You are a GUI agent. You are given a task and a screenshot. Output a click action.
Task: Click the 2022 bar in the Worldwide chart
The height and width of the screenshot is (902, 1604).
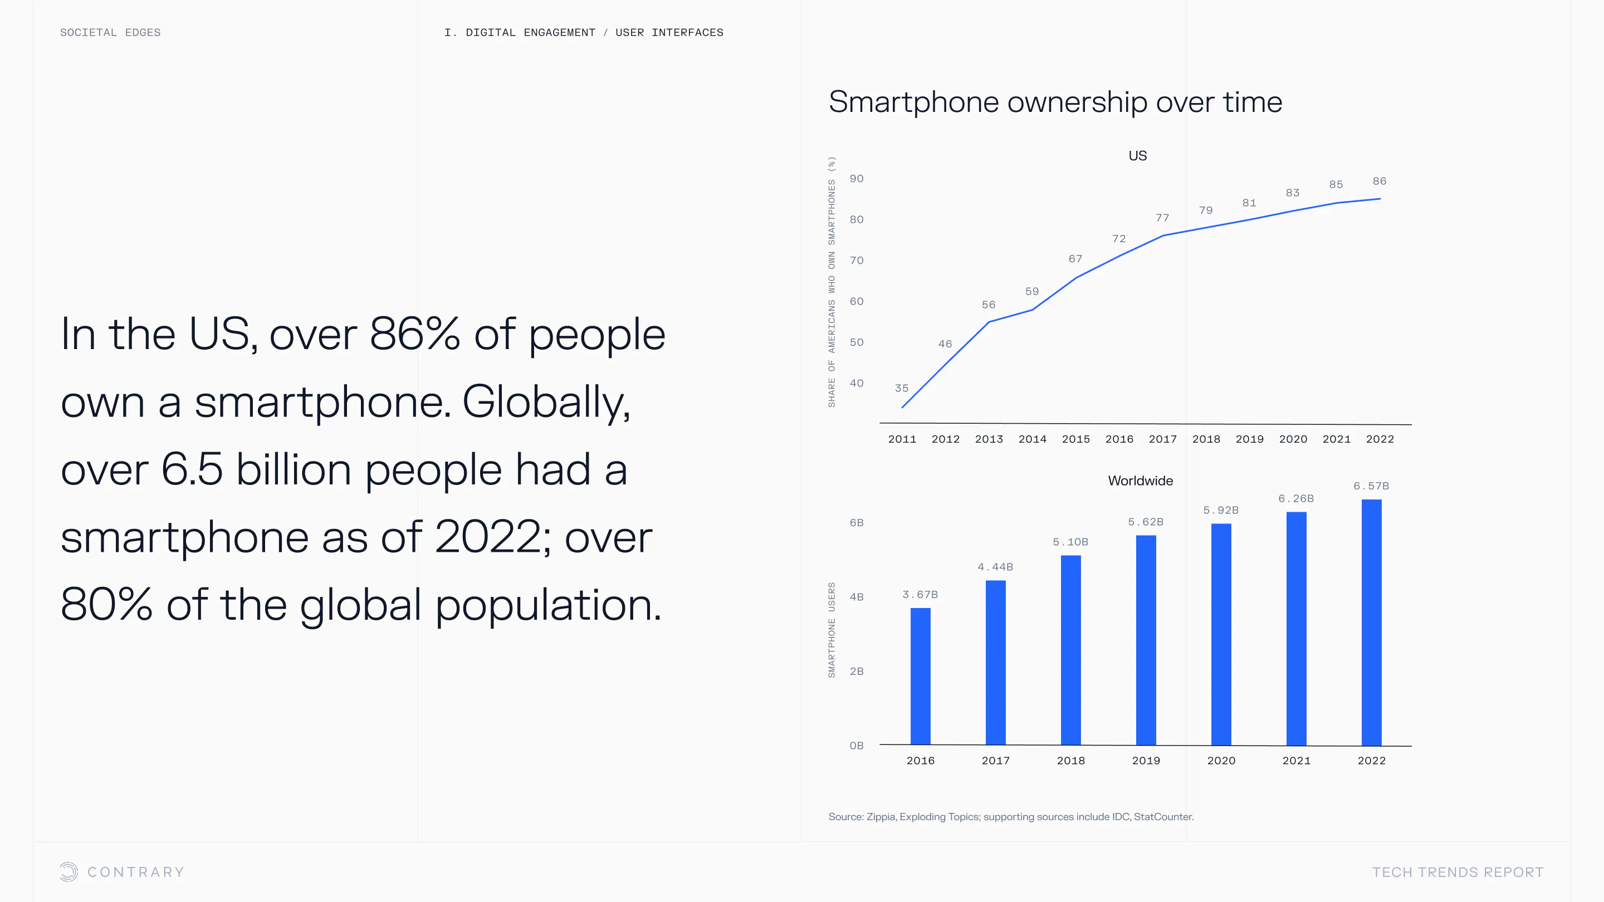pyautogui.click(x=1371, y=622)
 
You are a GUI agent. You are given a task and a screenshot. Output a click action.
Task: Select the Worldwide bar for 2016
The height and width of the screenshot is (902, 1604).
pyautogui.click(x=920, y=676)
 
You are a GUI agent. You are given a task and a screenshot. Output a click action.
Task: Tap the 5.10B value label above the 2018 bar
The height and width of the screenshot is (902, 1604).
pyautogui.click(x=1070, y=542)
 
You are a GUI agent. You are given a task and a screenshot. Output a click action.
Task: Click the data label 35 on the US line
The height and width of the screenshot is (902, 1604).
pyautogui.click(x=902, y=389)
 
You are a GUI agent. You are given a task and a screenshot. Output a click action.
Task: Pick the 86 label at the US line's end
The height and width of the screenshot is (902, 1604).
pyautogui.click(x=1379, y=181)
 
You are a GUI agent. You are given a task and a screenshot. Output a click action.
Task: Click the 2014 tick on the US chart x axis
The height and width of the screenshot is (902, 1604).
pyautogui.click(x=1033, y=439)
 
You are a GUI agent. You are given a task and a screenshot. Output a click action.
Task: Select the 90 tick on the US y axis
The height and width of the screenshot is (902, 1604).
pyautogui.click(x=857, y=179)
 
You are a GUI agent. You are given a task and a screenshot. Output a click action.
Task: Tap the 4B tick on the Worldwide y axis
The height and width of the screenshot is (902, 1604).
pyautogui.click(x=857, y=597)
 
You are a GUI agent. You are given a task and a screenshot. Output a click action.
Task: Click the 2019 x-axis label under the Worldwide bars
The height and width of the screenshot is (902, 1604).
pyautogui.click(x=1146, y=761)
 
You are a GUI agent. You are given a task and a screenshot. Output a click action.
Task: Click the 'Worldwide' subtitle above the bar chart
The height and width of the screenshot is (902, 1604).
pyautogui.click(x=1140, y=481)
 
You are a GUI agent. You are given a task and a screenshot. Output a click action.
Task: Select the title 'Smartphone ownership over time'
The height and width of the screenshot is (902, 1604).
pyautogui.click(x=1055, y=102)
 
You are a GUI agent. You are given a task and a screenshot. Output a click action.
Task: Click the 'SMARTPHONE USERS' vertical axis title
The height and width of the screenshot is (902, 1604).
pyautogui.click(x=832, y=630)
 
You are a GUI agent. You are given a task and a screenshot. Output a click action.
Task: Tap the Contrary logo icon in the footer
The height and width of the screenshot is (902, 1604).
pyautogui.click(x=69, y=872)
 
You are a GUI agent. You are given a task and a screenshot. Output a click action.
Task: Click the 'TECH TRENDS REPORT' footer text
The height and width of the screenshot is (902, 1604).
pyautogui.click(x=1458, y=872)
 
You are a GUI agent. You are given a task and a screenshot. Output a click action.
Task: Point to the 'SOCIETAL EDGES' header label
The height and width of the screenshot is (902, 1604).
pyautogui.click(x=110, y=32)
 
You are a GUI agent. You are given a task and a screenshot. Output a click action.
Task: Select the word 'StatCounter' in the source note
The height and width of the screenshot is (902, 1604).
pyautogui.click(x=1162, y=817)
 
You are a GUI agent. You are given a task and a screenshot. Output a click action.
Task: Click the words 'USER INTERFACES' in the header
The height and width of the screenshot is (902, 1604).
pyautogui.click(x=669, y=32)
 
